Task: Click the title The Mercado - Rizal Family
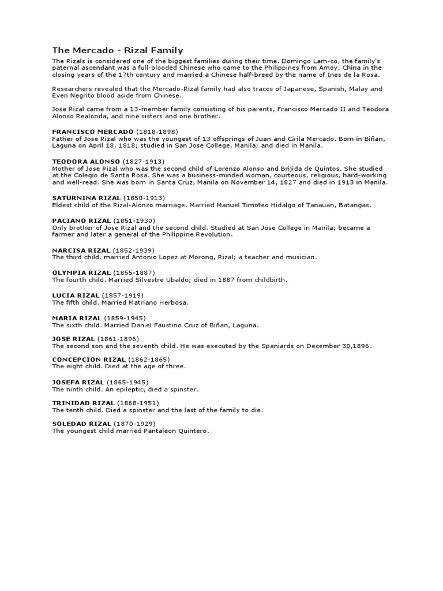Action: coord(118,50)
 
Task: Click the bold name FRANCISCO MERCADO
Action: coord(93,132)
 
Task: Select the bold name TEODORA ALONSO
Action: coord(86,161)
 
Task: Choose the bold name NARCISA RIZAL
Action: coord(81,250)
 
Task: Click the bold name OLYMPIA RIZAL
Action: coord(81,272)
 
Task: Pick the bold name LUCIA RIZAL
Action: coord(76,295)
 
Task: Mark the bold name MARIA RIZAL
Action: coord(77,317)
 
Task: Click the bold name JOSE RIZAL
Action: coord(73,338)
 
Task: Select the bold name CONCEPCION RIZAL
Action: coord(88,359)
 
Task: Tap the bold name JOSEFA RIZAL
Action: coord(78,382)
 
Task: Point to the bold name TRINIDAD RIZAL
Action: coord(83,402)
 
